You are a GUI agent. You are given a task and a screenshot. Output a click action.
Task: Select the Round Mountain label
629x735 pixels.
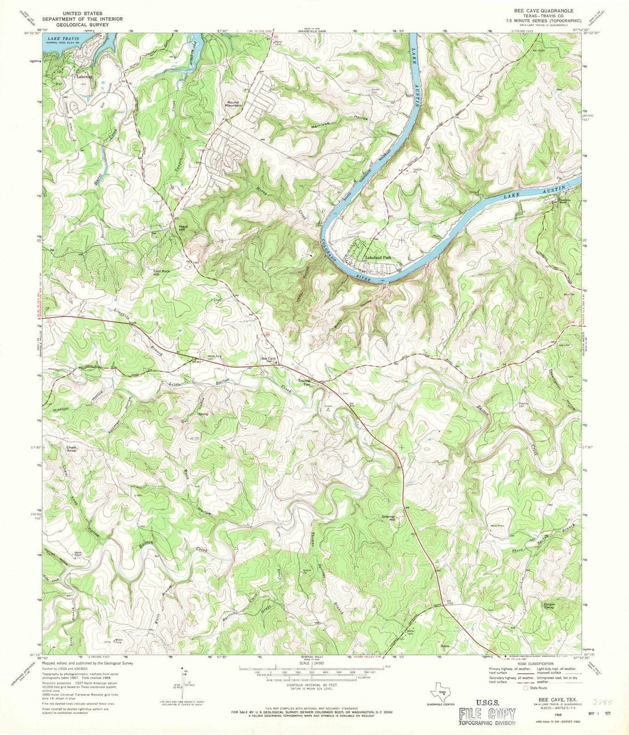234,103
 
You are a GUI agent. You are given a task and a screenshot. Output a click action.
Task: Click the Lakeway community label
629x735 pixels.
82,76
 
